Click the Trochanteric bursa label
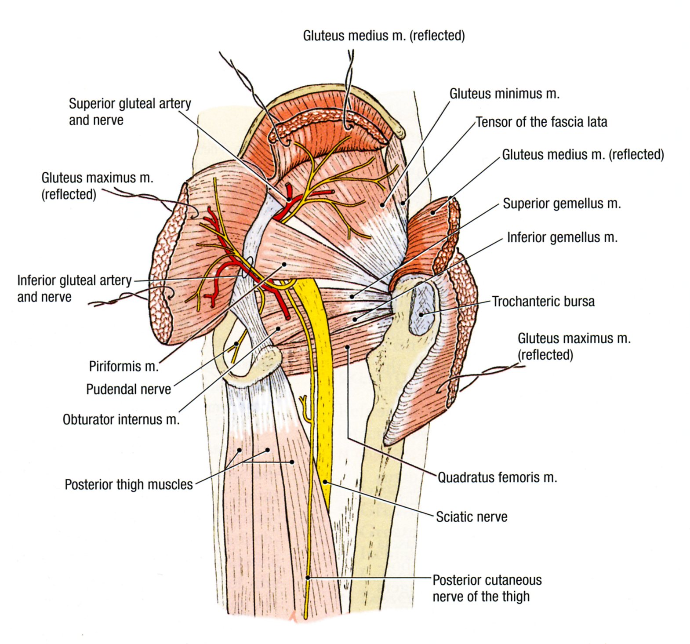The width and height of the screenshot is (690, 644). pos(543,302)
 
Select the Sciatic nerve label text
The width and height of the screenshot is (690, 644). pos(472,517)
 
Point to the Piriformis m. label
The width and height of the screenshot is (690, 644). pos(123,366)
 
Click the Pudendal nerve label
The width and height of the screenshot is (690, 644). pos(128,389)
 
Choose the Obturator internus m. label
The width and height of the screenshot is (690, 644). pos(121,420)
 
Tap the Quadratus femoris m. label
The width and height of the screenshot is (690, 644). pos(498,477)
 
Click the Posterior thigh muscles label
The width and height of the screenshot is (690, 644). pos(129,484)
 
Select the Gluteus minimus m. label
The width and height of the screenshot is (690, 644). pos(504,94)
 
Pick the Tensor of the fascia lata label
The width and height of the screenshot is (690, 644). pos(541,122)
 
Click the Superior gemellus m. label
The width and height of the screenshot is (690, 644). pos(562,204)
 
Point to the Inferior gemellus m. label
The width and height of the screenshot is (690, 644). pos(562,237)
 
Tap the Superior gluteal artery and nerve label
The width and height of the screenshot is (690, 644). pos(130,112)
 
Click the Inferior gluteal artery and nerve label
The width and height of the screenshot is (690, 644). pos(74,288)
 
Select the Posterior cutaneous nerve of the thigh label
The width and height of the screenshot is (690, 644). pos(487,588)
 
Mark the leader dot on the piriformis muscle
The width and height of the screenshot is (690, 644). pos(284,265)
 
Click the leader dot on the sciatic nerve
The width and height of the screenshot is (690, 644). pos(325,482)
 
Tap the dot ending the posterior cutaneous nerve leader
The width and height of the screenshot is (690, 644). pos(308,578)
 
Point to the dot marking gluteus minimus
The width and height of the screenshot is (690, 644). pos(383,205)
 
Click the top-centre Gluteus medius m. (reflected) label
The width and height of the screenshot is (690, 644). pos(384,36)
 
